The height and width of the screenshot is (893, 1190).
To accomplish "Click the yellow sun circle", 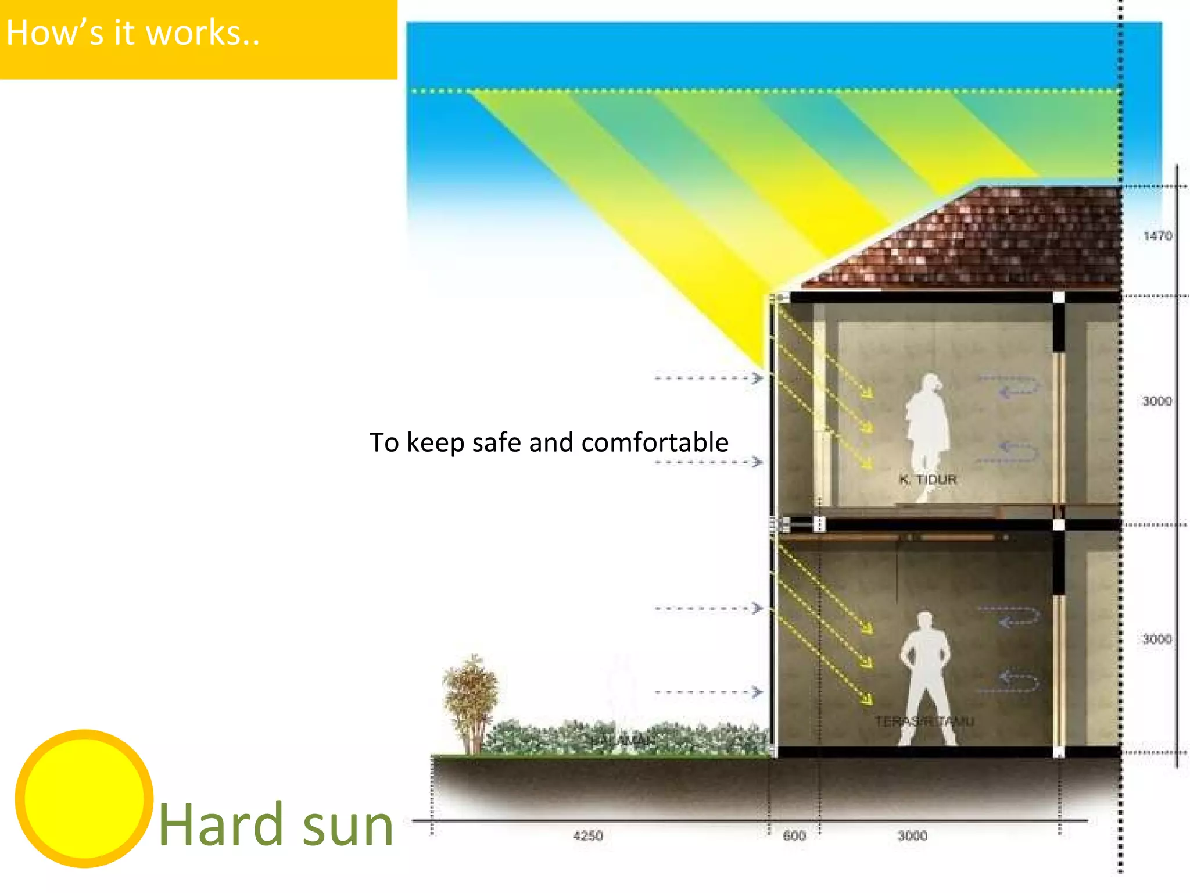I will point(84,798).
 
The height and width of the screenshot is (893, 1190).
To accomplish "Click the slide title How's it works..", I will point(132,33).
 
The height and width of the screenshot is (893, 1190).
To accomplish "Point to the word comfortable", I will point(655,442).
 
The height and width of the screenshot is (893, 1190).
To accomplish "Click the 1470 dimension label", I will point(1157,236).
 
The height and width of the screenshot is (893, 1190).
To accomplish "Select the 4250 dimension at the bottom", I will point(587,836).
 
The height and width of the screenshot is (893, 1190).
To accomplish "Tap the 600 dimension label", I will point(794,836).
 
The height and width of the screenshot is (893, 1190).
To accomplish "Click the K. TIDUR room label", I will point(928,480).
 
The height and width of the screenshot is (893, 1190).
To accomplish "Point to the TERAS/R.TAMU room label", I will point(924,721).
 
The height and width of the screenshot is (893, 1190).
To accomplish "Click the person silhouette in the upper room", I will point(927,430).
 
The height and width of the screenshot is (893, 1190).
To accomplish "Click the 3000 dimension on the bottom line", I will point(912,836).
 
